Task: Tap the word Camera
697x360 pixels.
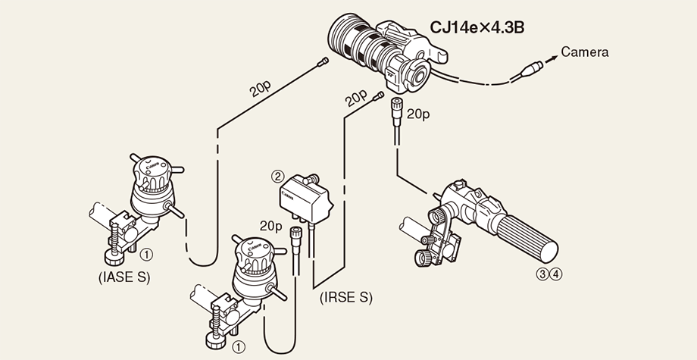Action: (584, 52)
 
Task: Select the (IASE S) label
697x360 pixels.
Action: (124, 277)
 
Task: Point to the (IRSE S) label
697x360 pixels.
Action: (346, 297)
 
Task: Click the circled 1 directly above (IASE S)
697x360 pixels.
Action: (149, 255)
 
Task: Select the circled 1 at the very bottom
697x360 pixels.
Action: (239, 346)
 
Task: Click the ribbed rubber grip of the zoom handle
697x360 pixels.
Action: (530, 236)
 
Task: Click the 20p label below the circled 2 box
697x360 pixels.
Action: (270, 226)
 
